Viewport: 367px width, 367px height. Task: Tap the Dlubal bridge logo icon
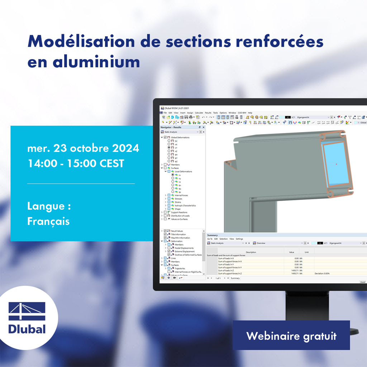27,311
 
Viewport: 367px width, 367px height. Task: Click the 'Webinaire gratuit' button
291,336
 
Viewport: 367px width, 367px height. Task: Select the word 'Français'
48,221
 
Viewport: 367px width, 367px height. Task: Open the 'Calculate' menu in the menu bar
199,113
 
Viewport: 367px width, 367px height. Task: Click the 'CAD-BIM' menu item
242,113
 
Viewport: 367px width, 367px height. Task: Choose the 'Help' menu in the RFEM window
250,113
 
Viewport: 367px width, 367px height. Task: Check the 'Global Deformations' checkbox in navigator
165,137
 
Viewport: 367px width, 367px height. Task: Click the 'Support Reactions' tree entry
180,213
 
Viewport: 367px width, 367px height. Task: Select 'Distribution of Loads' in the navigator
180,216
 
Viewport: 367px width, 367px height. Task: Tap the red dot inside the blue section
336,164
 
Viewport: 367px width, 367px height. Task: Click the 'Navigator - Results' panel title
171,127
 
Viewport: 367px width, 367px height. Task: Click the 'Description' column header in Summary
251,252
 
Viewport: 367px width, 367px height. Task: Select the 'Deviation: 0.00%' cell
323,273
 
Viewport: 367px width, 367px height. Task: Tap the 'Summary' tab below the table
235,278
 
